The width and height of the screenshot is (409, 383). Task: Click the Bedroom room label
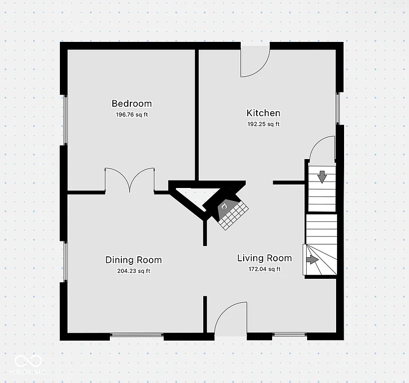(131, 104)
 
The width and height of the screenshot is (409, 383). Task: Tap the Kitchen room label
(263, 113)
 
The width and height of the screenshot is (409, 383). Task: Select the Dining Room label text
(133, 260)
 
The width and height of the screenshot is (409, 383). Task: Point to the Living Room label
(264, 258)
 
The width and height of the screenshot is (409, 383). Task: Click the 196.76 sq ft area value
(131, 115)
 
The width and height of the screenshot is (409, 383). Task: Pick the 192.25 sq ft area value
(263, 124)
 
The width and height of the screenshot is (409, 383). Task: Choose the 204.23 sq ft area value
(133, 271)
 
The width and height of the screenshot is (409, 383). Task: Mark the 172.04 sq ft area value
(264, 269)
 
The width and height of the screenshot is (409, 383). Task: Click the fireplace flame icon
(224, 205)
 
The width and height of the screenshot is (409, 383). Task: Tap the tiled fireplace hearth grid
(234, 215)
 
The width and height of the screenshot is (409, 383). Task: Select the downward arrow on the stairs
(322, 176)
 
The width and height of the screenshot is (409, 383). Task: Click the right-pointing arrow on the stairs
(312, 259)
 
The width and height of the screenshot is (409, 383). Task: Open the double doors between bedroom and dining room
(130, 180)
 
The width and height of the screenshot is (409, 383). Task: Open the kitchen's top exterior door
(255, 61)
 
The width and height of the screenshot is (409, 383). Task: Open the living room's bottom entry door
(231, 319)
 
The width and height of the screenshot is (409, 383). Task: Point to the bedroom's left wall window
(65, 120)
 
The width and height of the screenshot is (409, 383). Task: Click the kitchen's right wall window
(338, 108)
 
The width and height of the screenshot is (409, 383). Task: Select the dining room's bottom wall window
(136, 335)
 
